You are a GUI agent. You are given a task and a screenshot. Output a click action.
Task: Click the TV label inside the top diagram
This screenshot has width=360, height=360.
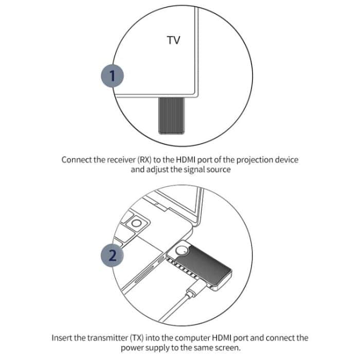point(174,40)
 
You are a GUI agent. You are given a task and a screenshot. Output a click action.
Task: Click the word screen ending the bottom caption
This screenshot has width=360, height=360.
point(226,348)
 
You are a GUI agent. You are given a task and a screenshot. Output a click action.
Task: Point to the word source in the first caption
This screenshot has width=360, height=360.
point(216,170)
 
